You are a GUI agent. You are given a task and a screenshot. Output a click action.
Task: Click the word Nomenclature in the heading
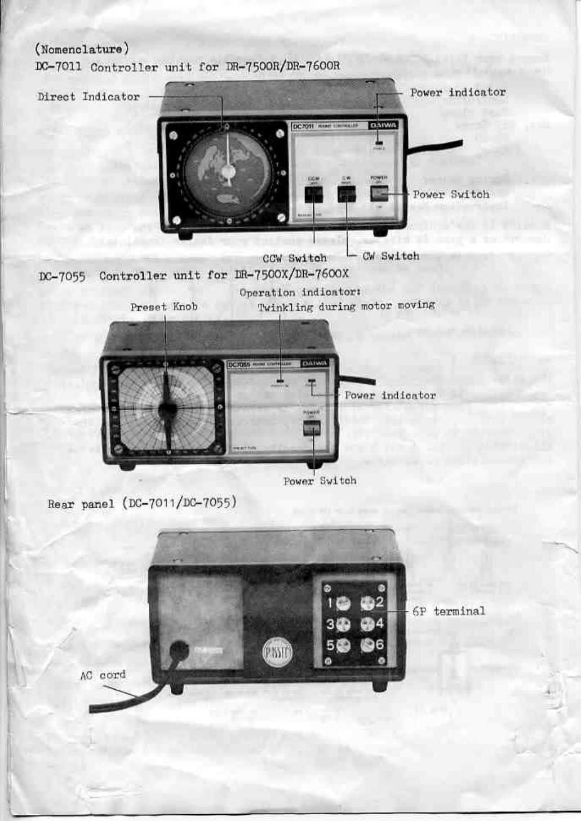tap(82, 50)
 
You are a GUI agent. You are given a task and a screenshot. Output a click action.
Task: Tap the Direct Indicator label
tap(88, 97)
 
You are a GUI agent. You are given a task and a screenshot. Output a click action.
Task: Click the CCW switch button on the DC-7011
tap(314, 194)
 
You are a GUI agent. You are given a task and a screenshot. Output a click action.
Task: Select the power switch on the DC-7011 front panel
tap(379, 194)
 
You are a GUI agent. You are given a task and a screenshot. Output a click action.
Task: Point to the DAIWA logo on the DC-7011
tap(384, 125)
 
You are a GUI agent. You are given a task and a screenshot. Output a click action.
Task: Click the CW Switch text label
tap(391, 256)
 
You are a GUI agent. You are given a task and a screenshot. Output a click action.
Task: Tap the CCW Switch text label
tap(295, 258)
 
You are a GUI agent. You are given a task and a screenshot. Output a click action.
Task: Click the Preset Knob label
tap(163, 307)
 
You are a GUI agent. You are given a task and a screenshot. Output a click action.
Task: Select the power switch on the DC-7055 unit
tap(312, 429)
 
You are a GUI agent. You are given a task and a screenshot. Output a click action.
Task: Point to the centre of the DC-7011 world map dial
tap(228, 172)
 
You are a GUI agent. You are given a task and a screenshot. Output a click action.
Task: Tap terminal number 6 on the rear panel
tap(368, 645)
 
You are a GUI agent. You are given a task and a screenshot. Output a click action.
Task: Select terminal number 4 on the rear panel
tap(368, 624)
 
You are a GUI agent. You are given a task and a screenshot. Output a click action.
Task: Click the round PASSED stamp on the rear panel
tap(278, 652)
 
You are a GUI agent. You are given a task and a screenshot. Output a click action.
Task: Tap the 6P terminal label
tap(449, 611)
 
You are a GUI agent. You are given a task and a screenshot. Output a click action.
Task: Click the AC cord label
tap(103, 675)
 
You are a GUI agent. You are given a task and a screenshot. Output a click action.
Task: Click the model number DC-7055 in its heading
tap(62, 277)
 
